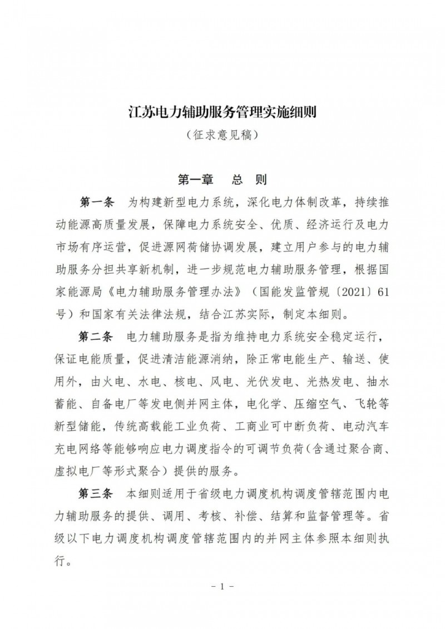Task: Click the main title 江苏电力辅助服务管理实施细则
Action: click(222, 112)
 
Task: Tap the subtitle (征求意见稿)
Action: click(222, 135)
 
